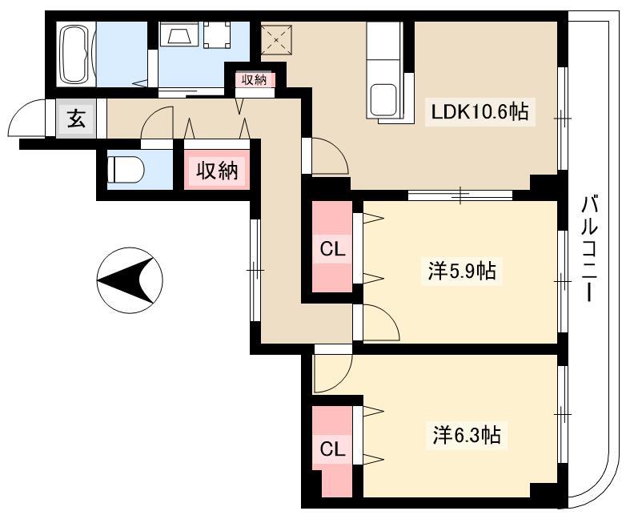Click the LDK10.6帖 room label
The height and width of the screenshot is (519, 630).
[480, 112]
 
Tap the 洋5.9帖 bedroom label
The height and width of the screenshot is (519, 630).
[462, 271]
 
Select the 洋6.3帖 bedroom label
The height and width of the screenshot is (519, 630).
[467, 435]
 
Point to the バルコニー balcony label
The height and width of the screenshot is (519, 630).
[590, 248]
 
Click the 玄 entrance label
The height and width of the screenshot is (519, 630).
[76, 119]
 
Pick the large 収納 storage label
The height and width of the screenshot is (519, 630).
[217, 171]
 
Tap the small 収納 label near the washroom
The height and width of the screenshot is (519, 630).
[254, 80]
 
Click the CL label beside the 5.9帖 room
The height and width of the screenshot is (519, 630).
[332, 250]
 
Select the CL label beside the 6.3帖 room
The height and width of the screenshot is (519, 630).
[332, 449]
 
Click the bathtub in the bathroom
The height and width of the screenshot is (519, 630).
[75, 54]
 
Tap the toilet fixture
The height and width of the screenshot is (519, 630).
[126, 169]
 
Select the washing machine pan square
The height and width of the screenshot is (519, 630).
[217, 34]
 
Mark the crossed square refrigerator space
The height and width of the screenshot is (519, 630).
[276, 40]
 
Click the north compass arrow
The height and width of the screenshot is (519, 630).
[130, 280]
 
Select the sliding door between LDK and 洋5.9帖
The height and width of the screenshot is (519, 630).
[460, 195]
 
